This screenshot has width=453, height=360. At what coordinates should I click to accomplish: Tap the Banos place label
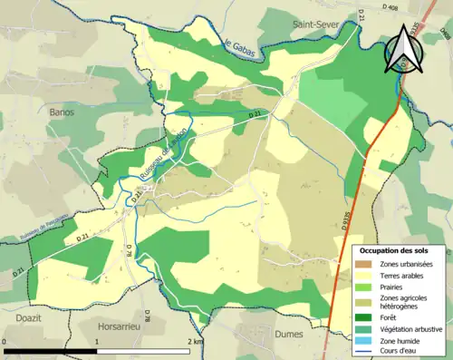click(x=62, y=112)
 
